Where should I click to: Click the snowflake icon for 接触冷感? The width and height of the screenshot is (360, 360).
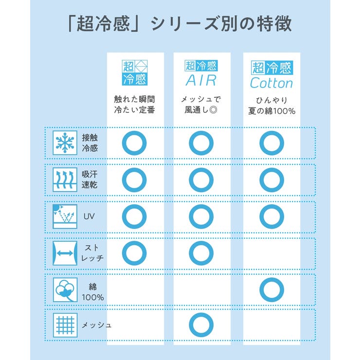(65, 143)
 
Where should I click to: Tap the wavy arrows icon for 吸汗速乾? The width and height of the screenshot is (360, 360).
(65, 180)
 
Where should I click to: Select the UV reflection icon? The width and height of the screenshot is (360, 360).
(65, 216)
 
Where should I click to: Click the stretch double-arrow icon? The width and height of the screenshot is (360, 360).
(65, 253)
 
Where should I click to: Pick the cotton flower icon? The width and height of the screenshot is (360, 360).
(65, 290)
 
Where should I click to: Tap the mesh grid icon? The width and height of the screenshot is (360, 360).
(65, 325)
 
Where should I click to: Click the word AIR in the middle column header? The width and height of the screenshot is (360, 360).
(201, 81)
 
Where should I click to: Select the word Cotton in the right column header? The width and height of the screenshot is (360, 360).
(271, 83)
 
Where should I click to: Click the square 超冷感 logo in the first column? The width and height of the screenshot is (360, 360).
(135, 72)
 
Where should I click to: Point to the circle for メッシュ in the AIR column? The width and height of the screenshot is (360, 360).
(201, 314)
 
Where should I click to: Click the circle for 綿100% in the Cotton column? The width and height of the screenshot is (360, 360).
(272, 279)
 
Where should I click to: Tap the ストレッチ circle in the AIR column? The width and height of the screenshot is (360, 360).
(201, 242)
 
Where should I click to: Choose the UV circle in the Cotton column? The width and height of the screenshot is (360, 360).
(272, 206)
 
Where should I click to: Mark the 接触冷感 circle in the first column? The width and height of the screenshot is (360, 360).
(134, 132)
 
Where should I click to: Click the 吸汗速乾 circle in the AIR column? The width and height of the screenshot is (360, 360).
(201, 169)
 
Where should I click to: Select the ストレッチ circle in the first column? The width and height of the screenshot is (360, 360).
(134, 242)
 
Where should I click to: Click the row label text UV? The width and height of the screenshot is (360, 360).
(89, 216)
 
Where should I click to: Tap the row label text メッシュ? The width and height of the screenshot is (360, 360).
(97, 325)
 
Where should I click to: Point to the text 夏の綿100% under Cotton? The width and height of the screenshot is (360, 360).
(271, 111)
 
